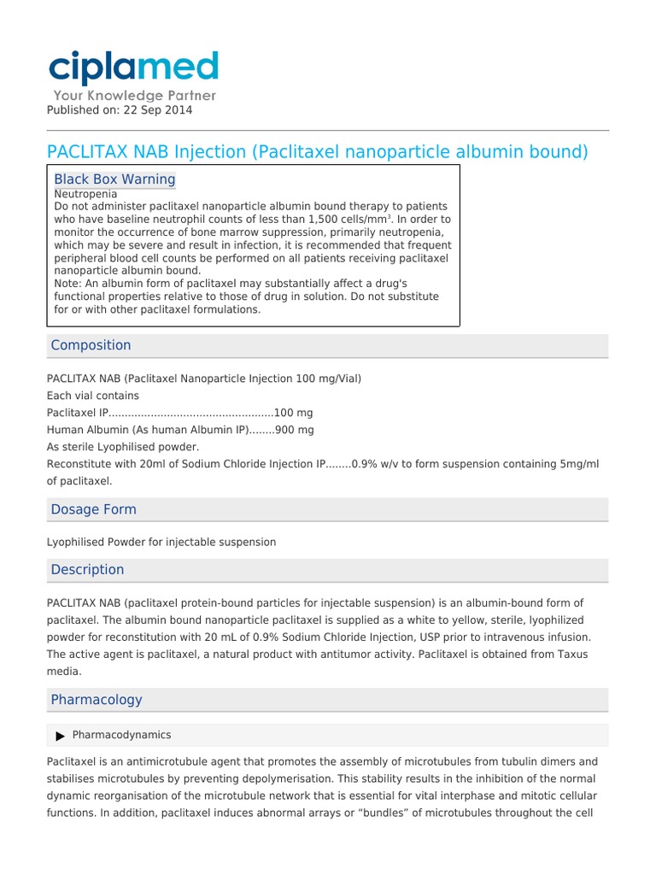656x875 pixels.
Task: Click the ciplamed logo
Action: coord(133,68)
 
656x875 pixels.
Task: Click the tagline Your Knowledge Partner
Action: coord(135,96)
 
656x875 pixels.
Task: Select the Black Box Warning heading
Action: coord(114,179)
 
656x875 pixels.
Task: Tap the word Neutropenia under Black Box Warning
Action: coord(85,194)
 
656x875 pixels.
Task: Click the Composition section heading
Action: coord(91,345)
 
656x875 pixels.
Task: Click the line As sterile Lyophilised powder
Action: coord(123,447)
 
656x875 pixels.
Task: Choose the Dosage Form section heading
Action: coord(93,509)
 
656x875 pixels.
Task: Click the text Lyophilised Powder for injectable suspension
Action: coord(161,542)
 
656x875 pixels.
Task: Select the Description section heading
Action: coord(87,570)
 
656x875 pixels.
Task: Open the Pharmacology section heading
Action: coord(97,700)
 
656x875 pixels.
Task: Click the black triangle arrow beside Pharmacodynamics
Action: coord(60,736)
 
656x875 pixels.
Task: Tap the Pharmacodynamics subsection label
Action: coord(121,735)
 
